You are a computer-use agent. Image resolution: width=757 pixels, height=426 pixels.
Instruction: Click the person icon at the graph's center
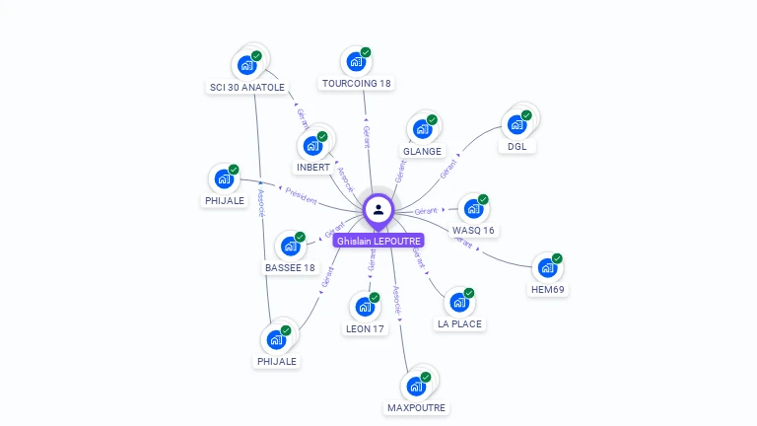[x=378, y=209]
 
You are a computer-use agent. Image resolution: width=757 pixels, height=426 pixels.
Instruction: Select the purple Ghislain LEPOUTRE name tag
[x=378, y=241]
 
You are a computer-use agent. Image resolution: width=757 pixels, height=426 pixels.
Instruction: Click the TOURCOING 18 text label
[x=357, y=84]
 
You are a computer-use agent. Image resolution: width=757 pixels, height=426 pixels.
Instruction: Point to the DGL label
[x=516, y=147]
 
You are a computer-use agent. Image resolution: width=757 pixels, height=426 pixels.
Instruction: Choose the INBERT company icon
[x=312, y=146]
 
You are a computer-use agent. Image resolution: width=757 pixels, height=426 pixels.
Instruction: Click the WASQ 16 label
[x=473, y=231]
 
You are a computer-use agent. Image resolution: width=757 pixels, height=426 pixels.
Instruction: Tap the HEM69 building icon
[x=546, y=268]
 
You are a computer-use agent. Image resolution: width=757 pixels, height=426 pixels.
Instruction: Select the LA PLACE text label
[x=460, y=324]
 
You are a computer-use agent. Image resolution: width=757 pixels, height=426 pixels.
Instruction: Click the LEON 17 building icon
[x=363, y=307]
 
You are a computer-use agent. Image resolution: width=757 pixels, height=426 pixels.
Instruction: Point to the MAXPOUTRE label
[x=416, y=408]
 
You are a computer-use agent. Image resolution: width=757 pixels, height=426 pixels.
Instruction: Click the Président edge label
[x=301, y=196]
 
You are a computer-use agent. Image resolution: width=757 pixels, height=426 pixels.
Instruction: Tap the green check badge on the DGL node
[x=526, y=115]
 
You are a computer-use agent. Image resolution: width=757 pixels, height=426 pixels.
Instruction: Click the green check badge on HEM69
[x=557, y=258]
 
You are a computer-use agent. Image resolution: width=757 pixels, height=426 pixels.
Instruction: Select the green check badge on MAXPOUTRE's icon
[x=426, y=377]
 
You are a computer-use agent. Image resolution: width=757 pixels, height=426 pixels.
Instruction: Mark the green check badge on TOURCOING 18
[x=365, y=52]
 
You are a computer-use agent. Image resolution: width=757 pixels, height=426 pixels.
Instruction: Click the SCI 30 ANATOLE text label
[x=246, y=88]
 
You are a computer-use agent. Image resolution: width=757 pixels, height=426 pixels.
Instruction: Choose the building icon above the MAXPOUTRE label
[x=415, y=387]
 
